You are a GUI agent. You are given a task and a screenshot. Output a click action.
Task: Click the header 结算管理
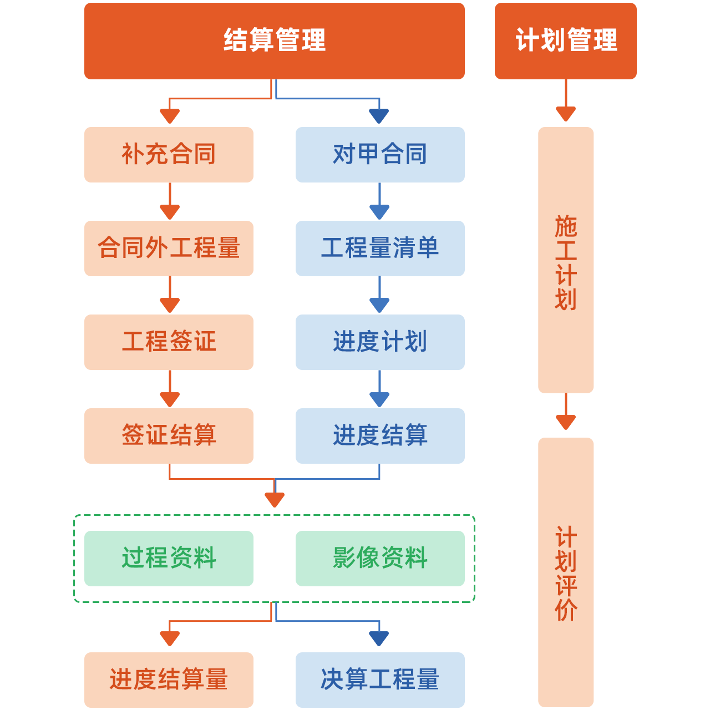[x=275, y=40]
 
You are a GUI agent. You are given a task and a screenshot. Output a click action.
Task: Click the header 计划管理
[x=566, y=40]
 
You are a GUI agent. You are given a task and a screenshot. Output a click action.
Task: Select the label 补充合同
[x=169, y=154]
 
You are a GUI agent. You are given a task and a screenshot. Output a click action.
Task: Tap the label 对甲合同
[x=380, y=154]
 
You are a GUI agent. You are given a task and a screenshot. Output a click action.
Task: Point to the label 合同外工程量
[x=169, y=247]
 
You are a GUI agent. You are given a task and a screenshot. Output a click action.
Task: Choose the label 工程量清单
[x=380, y=247]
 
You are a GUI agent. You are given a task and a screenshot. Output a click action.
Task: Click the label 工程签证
[x=169, y=341]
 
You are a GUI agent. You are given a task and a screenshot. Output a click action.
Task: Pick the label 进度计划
[x=380, y=341]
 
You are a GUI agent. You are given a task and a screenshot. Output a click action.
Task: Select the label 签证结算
[x=169, y=435]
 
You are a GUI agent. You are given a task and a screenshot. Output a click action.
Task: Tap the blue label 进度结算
[x=380, y=435]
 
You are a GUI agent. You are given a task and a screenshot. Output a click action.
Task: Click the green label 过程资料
[x=169, y=557]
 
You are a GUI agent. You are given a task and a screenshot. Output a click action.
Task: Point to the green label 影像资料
[x=380, y=557]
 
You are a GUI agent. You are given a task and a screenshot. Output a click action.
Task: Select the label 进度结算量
[x=169, y=679]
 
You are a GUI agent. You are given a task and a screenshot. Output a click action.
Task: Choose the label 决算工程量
[x=380, y=679]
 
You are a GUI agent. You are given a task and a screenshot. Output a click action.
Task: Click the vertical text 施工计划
[x=566, y=263]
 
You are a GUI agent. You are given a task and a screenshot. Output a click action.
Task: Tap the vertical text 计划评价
[x=566, y=574]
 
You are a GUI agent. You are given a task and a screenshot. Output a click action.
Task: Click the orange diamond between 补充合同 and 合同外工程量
[x=170, y=202]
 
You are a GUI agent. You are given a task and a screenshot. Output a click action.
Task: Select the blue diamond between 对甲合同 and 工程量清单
[x=379, y=202]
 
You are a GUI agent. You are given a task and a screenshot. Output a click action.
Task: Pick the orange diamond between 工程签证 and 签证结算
[x=170, y=389]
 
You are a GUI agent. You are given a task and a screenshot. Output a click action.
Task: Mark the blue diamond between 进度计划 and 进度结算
[x=379, y=389]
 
